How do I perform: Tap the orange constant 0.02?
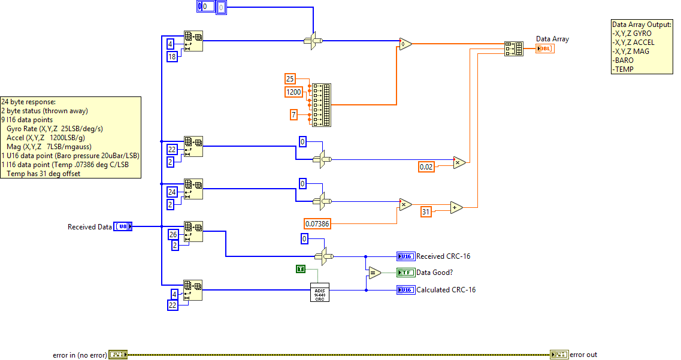426,167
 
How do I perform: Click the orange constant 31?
426,211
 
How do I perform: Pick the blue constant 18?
172,57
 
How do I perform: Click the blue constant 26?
172,234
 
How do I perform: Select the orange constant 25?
290,78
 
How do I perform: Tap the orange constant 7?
293,114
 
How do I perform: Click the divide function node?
405,44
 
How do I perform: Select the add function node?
456,207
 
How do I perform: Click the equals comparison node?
374,273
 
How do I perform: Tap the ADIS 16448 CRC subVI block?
320,292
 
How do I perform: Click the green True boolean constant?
301,269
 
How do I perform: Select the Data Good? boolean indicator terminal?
405,273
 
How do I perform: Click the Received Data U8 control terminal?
123,226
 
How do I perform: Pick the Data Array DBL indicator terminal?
545,49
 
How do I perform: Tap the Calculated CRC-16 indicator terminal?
405,290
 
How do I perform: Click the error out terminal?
559,355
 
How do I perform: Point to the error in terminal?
117,355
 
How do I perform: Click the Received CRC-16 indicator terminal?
405,256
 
